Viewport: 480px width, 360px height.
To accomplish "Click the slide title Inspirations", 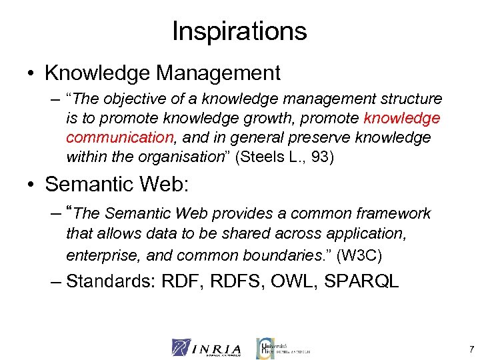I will point(239,31).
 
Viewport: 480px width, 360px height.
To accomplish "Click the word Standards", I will point(109,281).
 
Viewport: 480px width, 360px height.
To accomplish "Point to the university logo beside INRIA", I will point(283,347).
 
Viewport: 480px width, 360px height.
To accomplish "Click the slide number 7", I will point(471,349).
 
